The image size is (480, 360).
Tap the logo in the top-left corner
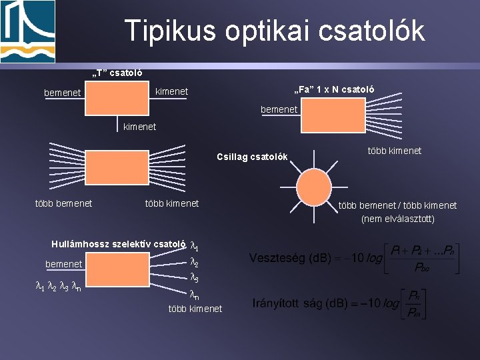pos(27,31)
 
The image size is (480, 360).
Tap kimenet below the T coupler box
pos(139,126)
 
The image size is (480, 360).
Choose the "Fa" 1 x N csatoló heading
pos(335,89)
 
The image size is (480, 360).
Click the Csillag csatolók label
pos(252,157)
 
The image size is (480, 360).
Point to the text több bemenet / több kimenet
pos(397,205)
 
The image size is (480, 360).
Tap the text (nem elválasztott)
pos(398,218)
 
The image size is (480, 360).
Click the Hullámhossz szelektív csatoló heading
pos(118,243)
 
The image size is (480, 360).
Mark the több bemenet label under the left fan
pos(63,203)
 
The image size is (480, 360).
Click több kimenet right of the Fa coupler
pos(395,151)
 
